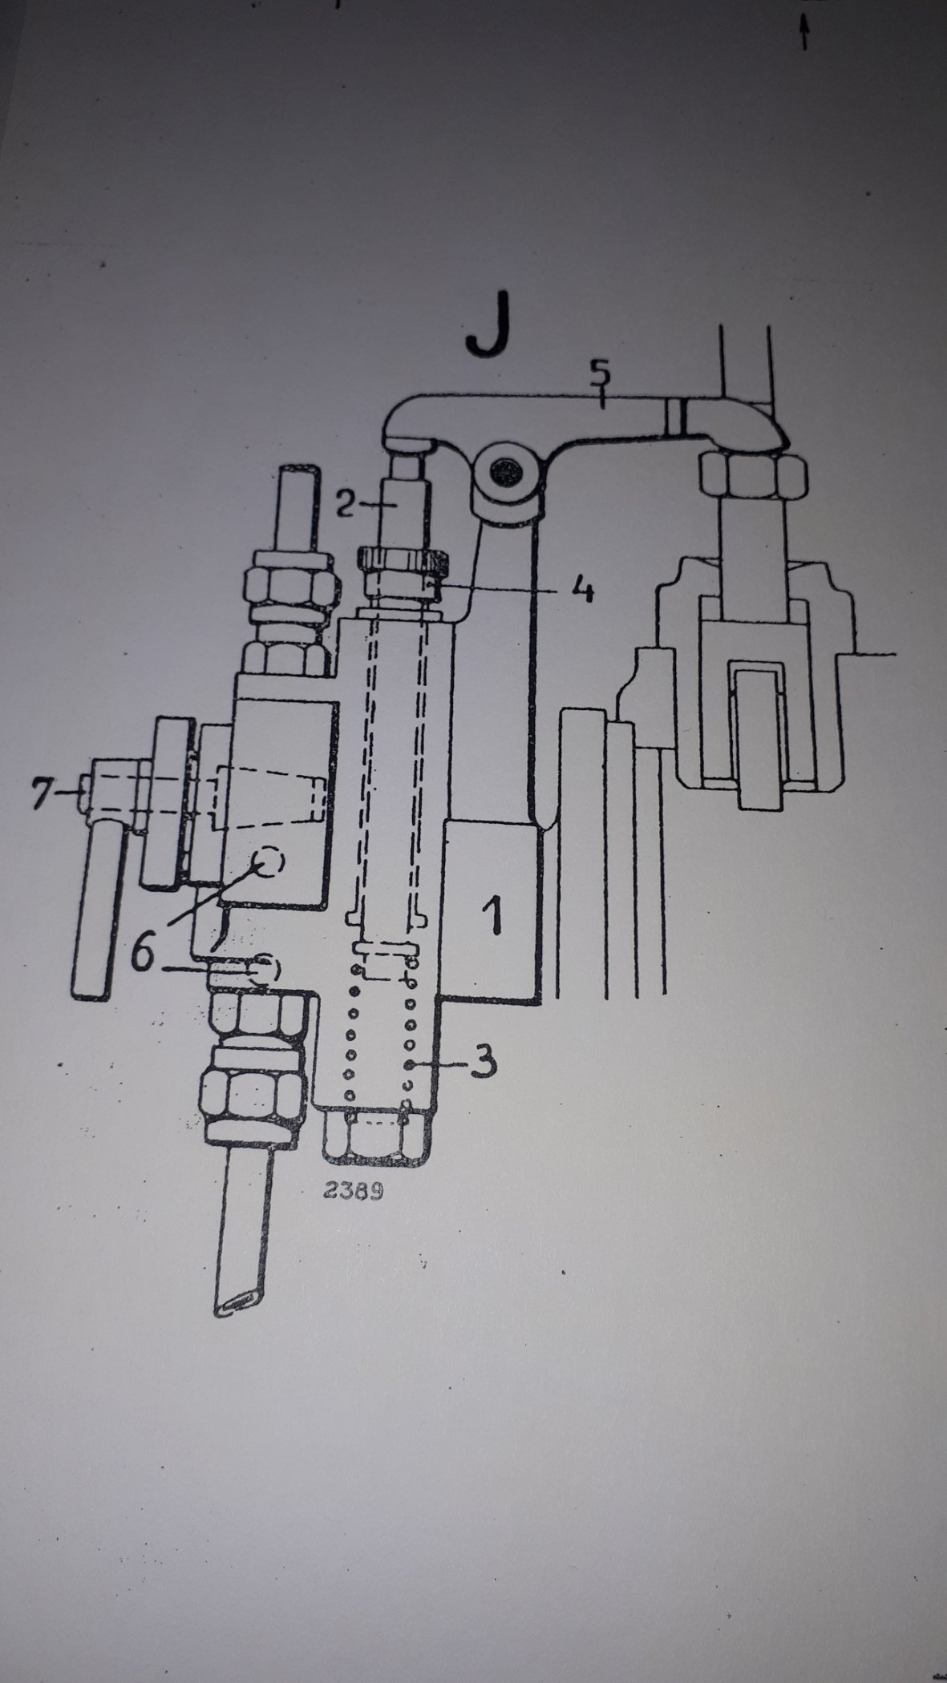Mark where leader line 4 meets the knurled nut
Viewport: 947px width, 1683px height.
tap(434, 587)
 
